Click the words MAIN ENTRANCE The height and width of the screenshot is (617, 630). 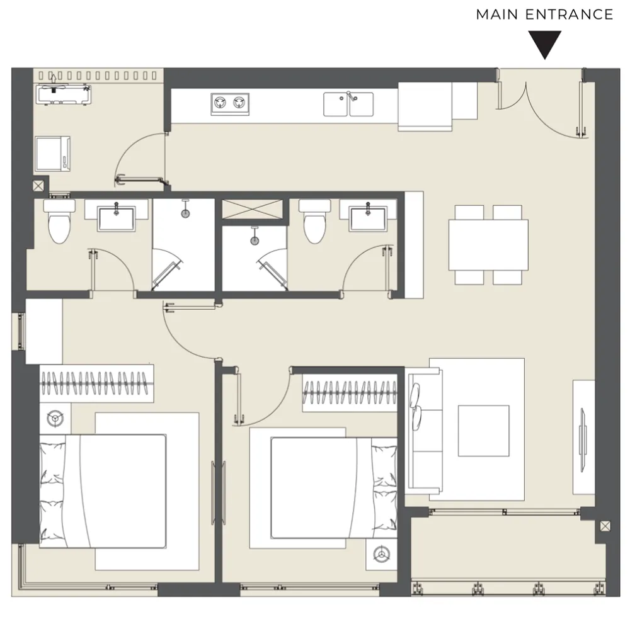pyautogui.click(x=544, y=14)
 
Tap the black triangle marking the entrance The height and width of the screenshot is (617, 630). pyautogui.click(x=544, y=44)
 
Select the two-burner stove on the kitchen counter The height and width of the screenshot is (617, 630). pyautogui.click(x=230, y=104)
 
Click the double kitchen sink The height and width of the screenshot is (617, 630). pyautogui.click(x=348, y=104)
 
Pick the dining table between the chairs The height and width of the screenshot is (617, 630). pyautogui.click(x=488, y=245)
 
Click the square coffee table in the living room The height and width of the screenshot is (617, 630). pyautogui.click(x=484, y=431)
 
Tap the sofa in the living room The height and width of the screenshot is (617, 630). pyautogui.click(x=425, y=431)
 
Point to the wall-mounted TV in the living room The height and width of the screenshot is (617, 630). pyautogui.click(x=583, y=439)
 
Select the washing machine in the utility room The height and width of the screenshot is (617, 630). pyautogui.click(x=53, y=154)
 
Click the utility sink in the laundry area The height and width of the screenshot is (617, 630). pyautogui.click(x=64, y=94)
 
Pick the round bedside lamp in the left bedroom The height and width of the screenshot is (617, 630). pyautogui.click(x=55, y=419)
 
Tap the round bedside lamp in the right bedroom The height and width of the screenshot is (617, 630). pyautogui.click(x=381, y=555)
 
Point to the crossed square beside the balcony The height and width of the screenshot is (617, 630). pyautogui.click(x=605, y=526)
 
